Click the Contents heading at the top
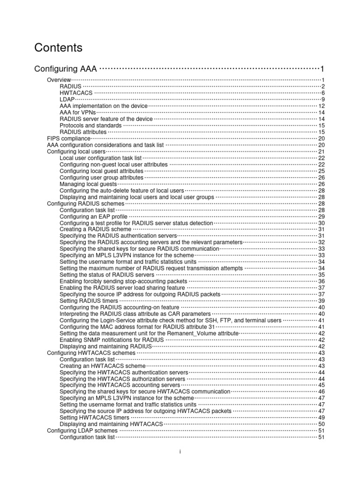[59, 48]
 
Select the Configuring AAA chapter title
[66, 69]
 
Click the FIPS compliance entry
[68, 139]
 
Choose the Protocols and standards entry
[90, 126]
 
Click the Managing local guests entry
[88, 184]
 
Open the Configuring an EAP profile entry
[94, 217]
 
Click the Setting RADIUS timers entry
[89, 300]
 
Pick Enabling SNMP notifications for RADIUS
[112, 339]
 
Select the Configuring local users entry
[76, 152]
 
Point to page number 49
[322, 417]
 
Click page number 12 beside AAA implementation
[322, 106]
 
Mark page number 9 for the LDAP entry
[323, 100]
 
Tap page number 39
[322, 300]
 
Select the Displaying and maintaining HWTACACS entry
[111, 424]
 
